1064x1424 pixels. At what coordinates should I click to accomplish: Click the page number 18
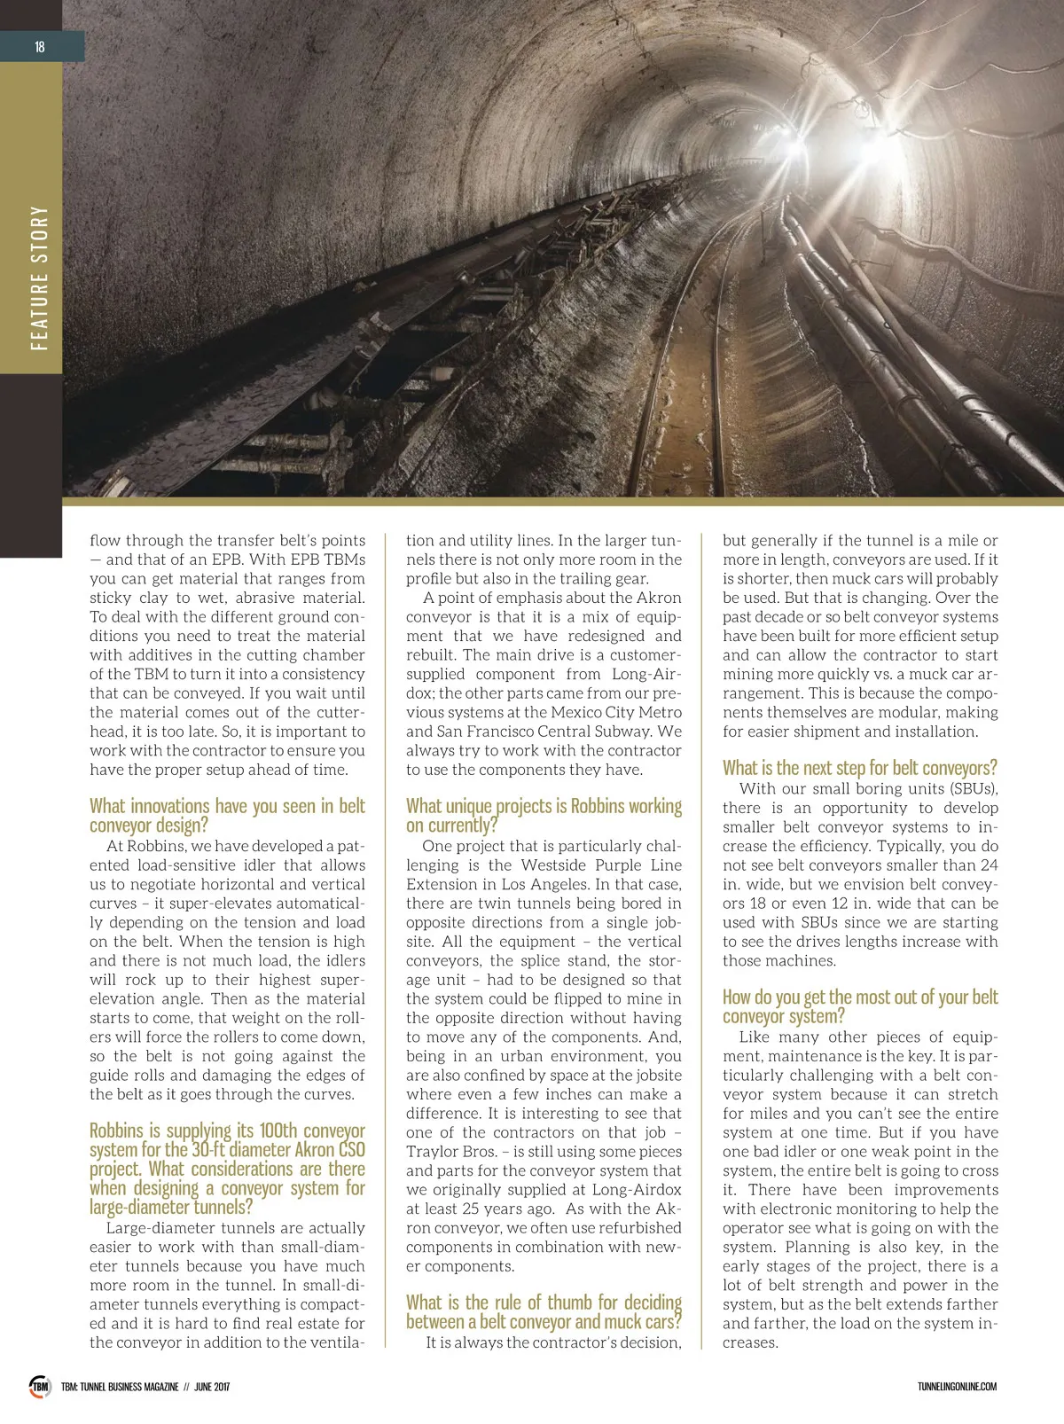click(x=40, y=47)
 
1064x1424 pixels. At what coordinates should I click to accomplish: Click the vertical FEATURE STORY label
click(x=39, y=278)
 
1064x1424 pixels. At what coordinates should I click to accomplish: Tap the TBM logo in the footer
click(x=40, y=1386)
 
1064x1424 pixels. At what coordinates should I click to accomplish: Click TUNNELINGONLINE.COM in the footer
click(x=957, y=1387)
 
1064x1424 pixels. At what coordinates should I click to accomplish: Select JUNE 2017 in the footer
click(x=211, y=1387)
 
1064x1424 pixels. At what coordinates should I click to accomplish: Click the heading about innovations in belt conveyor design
click(x=227, y=815)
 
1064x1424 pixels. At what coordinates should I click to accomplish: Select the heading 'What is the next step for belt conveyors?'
click(x=859, y=768)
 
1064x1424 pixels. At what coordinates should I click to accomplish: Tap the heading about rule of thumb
click(x=544, y=1311)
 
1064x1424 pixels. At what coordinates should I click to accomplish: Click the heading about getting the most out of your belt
click(x=859, y=1006)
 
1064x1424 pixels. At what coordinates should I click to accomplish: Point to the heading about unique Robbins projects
click(x=544, y=815)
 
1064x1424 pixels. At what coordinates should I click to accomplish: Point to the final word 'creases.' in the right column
click(x=750, y=1342)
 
